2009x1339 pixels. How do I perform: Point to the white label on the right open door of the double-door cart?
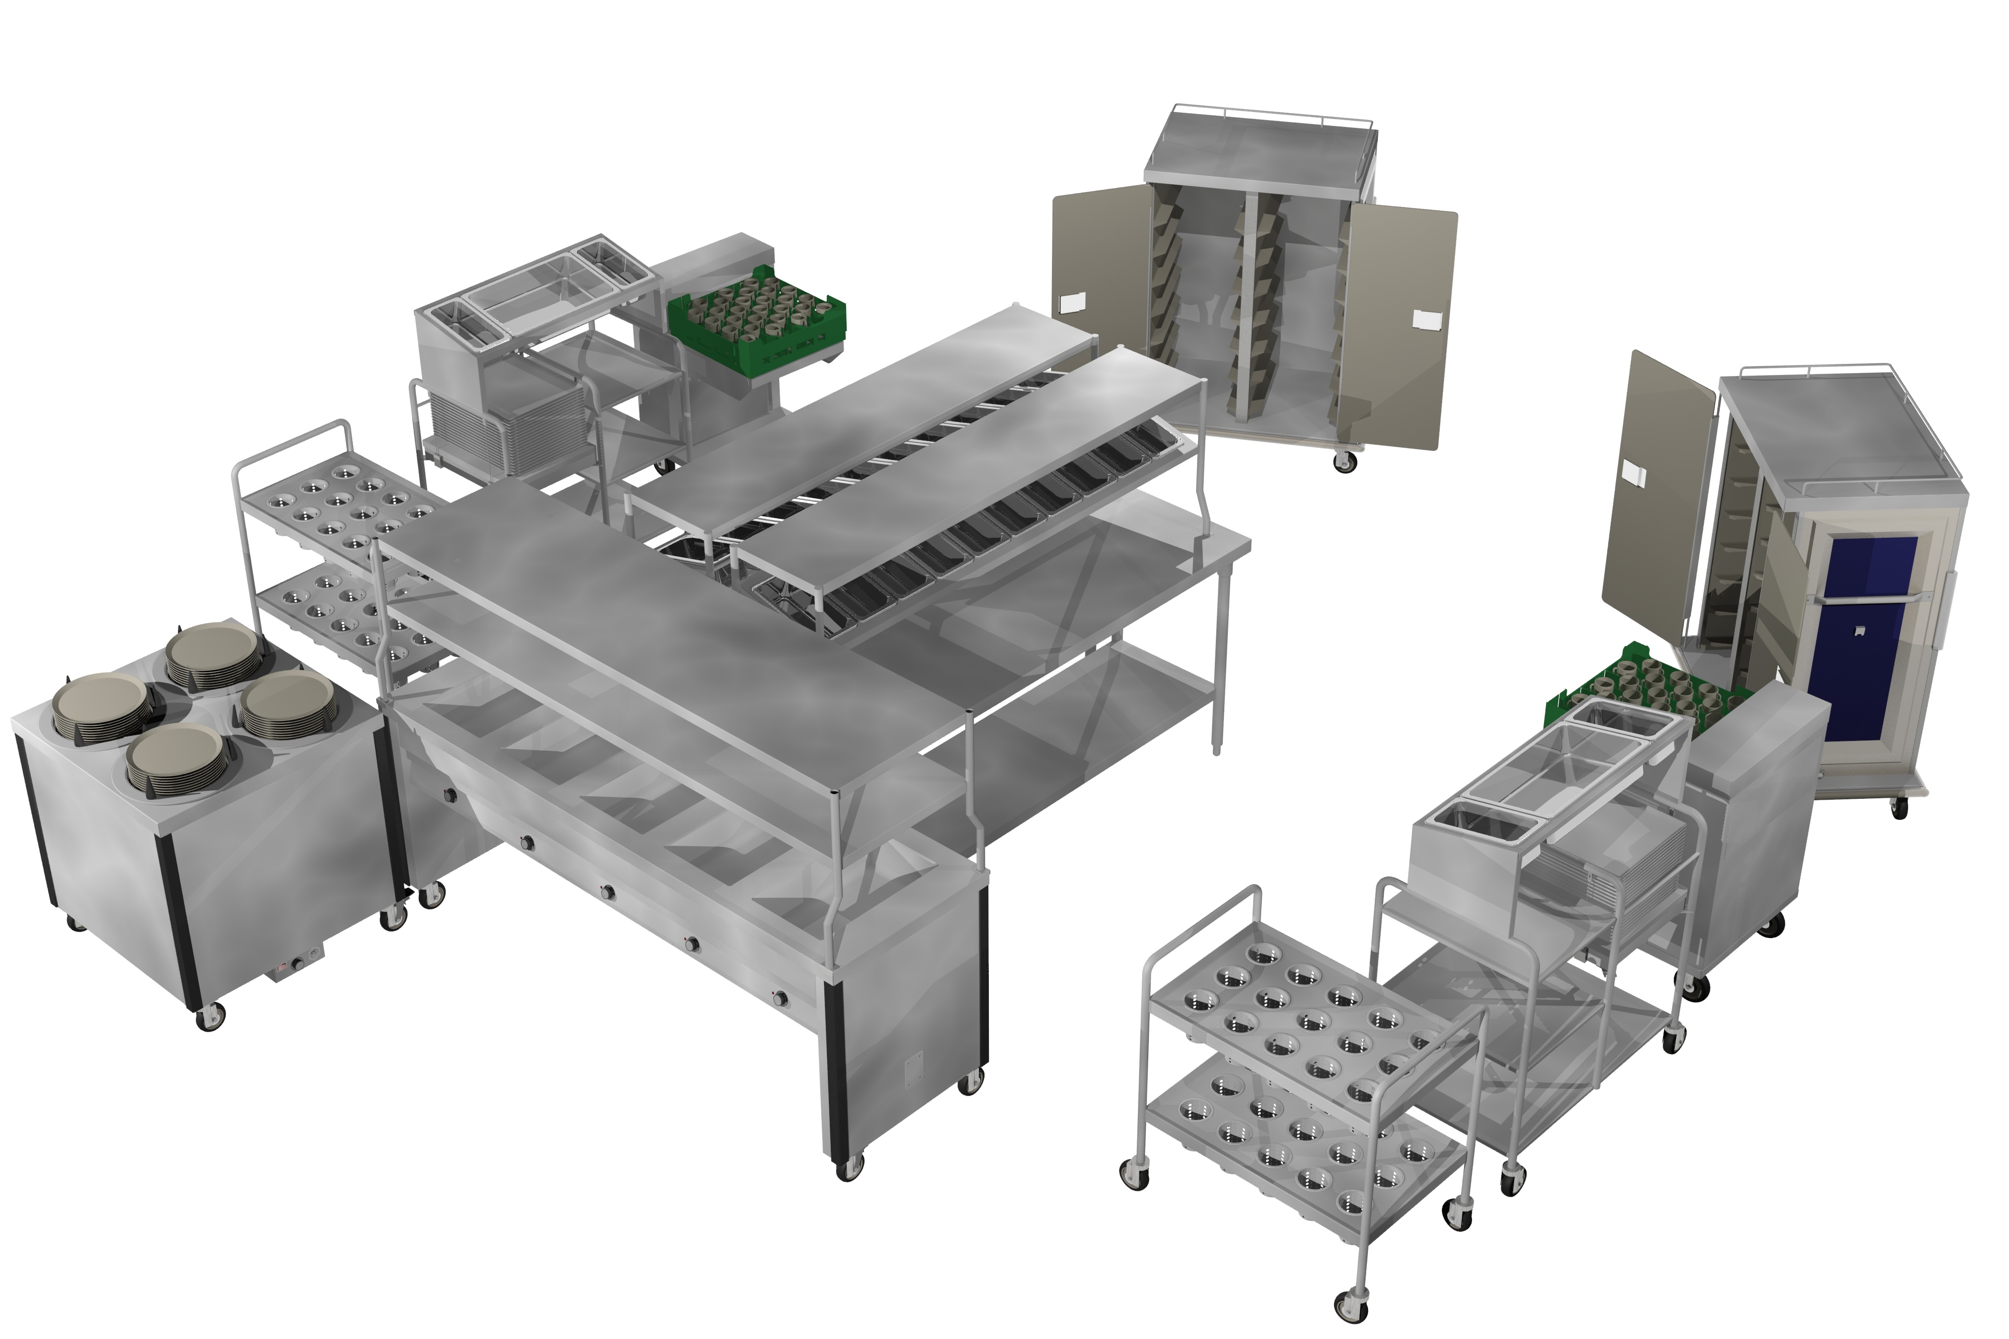click(1426, 319)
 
